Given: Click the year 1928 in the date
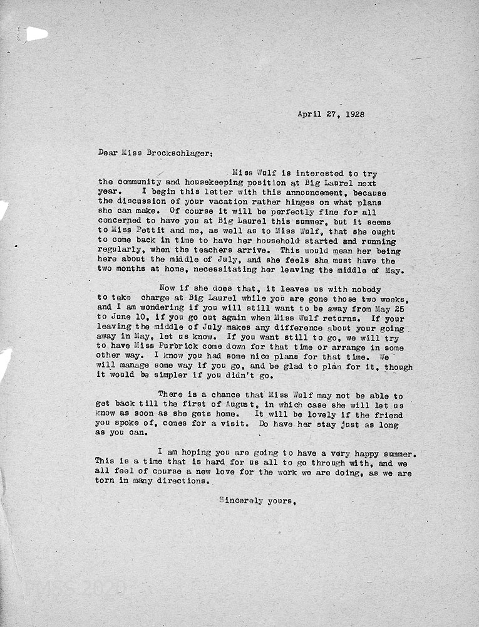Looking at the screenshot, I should coord(353,115).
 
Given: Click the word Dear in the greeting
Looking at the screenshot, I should coord(108,152).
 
